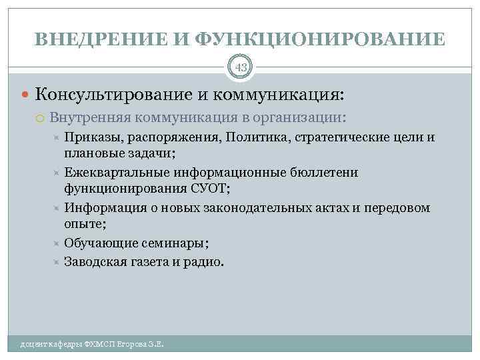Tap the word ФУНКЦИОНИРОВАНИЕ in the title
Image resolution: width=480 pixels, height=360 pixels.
pos(321,39)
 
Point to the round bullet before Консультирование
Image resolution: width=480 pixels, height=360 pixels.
pos(25,95)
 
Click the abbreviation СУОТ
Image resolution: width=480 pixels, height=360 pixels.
pos(209,187)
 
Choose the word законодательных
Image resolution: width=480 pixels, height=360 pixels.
pos(253,208)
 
